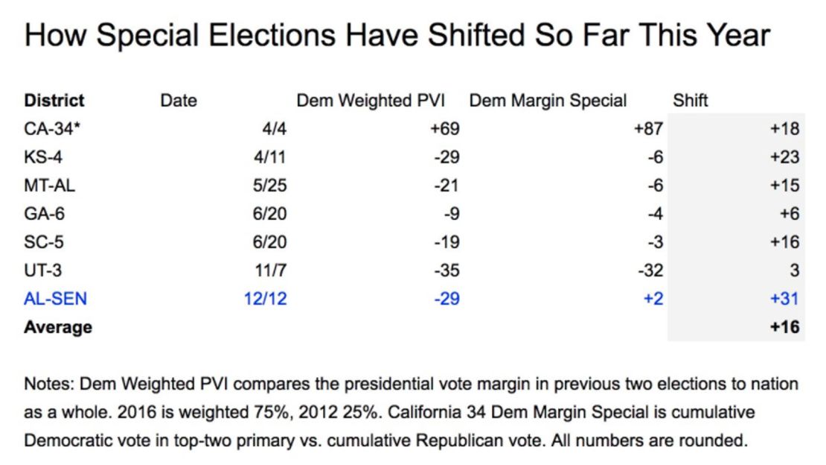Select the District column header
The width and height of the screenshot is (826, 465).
pos(54,100)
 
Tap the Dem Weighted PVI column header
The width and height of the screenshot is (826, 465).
pos(378,100)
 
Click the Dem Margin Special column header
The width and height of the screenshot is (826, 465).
pos(548,100)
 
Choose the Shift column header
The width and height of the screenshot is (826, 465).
pos(691,100)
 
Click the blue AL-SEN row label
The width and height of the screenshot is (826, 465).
pos(56,299)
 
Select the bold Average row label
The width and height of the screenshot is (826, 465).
pos(58,327)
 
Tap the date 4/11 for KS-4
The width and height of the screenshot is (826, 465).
pos(270,156)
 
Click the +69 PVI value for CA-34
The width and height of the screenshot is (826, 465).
pos(444,128)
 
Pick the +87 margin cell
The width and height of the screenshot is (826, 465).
pos(647,128)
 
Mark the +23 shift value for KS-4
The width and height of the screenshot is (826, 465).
pos(784,156)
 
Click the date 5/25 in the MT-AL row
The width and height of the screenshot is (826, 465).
pos(270,185)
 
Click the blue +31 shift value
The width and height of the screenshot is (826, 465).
pos(784,299)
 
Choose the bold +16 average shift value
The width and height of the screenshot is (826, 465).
pos(784,327)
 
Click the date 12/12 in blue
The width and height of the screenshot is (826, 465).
pos(266,299)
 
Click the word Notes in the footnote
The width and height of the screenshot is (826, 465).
pos(48,385)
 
